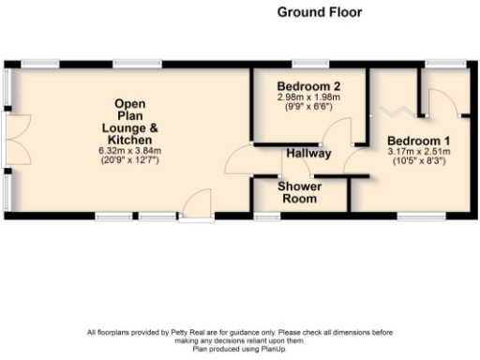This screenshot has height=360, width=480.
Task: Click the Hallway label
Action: point(308,153)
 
